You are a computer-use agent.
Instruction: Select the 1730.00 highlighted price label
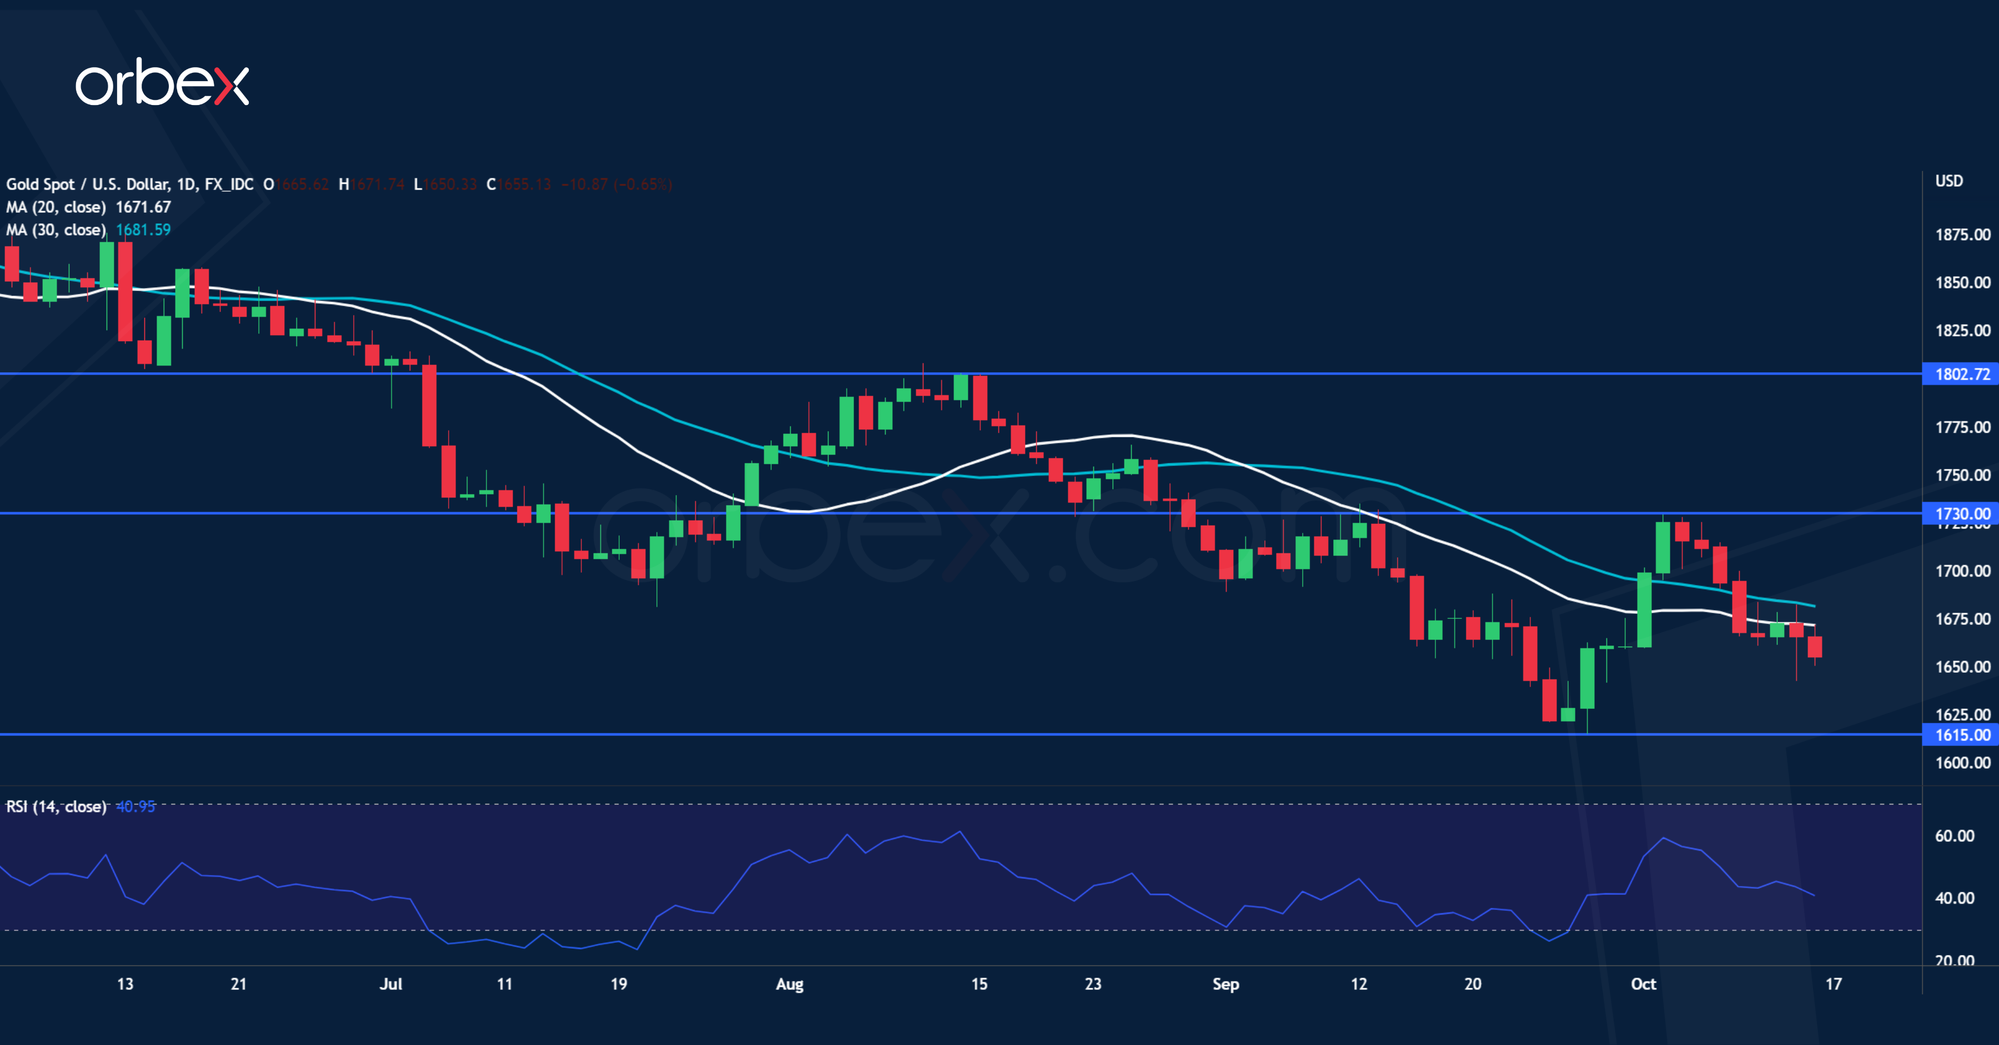click(x=1962, y=513)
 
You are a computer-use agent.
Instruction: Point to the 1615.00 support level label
click(x=1962, y=734)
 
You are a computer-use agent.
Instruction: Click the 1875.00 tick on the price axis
click(x=1962, y=234)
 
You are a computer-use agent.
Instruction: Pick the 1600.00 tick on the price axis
click(x=1962, y=762)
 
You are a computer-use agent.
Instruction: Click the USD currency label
click(x=1948, y=181)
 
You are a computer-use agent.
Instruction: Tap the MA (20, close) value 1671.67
click(x=143, y=207)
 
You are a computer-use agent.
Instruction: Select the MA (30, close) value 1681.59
click(x=143, y=230)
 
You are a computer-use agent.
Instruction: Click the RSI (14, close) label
click(x=56, y=807)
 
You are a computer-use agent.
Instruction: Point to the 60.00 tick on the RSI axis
click(x=1954, y=836)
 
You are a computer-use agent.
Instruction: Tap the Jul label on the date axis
click(x=390, y=984)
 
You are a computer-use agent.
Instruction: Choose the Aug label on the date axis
click(x=789, y=984)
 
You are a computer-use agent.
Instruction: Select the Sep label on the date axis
click(x=1225, y=984)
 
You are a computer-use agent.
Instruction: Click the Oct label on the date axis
click(x=1643, y=984)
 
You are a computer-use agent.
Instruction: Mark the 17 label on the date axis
click(x=1833, y=984)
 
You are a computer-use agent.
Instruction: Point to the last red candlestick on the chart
click(x=1814, y=647)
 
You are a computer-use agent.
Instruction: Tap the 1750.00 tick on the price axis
click(x=1962, y=474)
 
